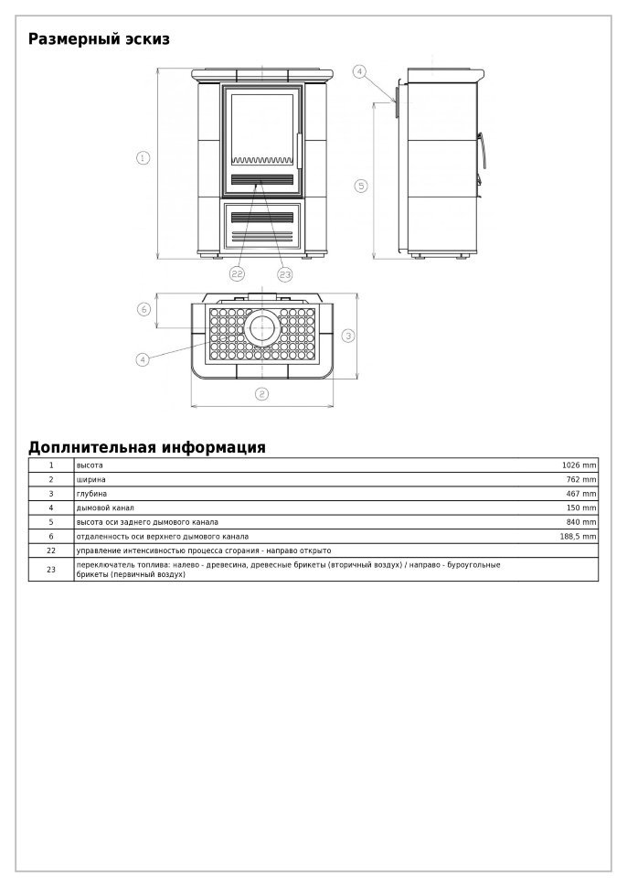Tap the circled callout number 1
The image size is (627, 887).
click(x=143, y=158)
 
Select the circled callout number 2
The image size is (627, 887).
click(x=261, y=394)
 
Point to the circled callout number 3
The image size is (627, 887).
click(x=348, y=336)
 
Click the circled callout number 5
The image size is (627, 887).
click(x=361, y=186)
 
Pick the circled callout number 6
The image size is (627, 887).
click(x=143, y=309)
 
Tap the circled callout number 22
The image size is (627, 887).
click(x=237, y=273)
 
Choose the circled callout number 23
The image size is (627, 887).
click(x=284, y=273)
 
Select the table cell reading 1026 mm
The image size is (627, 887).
click(x=579, y=465)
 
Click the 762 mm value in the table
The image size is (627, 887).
click(x=581, y=479)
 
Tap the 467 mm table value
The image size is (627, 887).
click(x=581, y=494)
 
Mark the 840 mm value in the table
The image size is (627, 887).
click(x=581, y=522)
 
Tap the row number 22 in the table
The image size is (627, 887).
click(x=51, y=550)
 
